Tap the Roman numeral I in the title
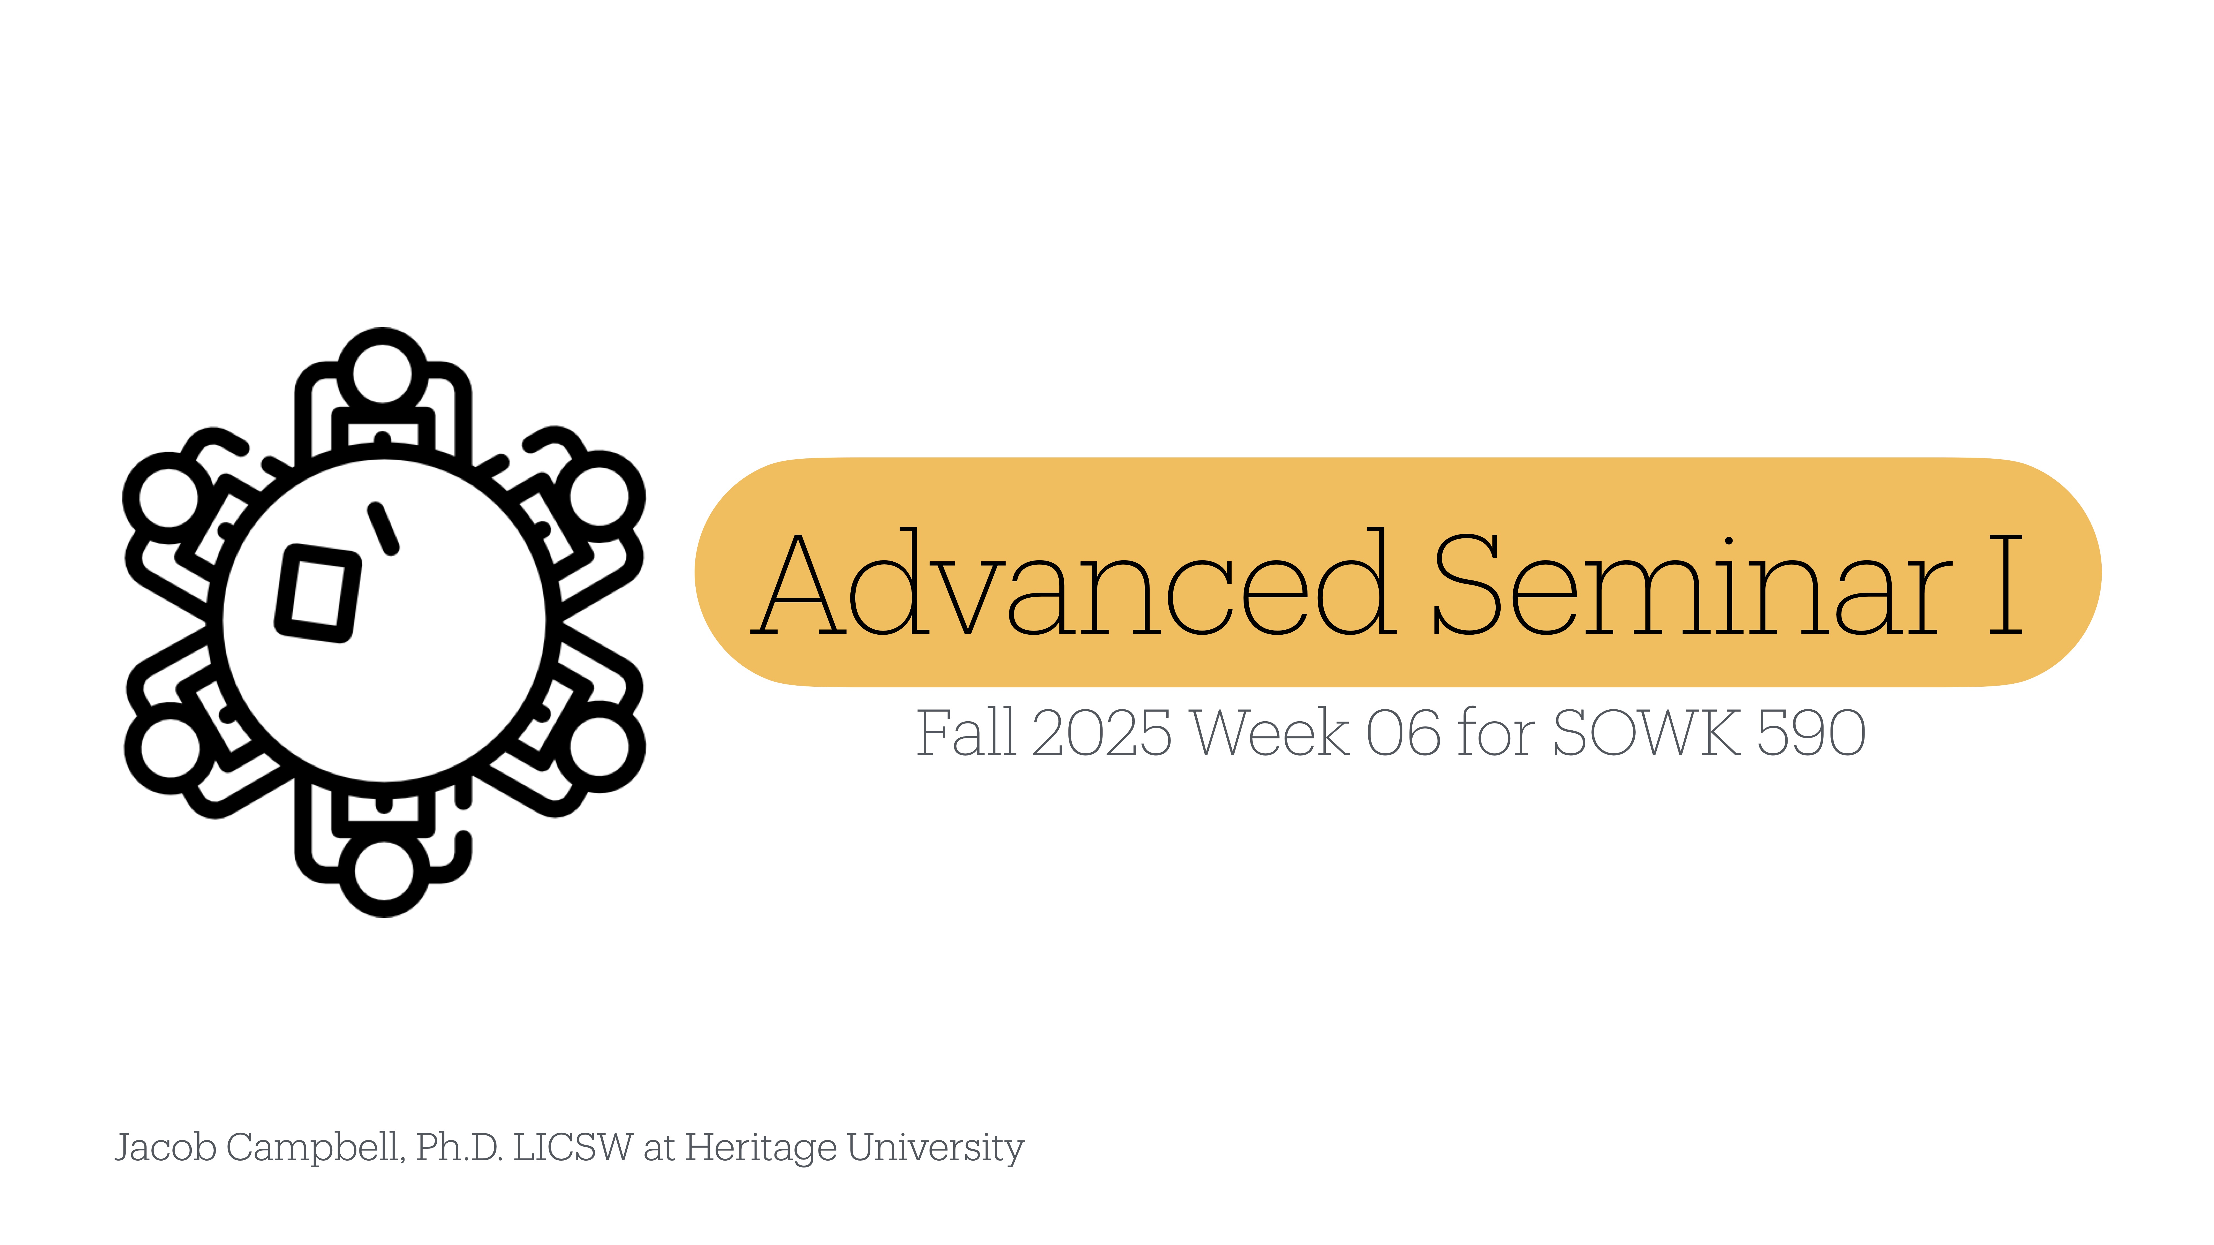click(x=2005, y=584)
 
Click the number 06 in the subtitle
click(x=1403, y=733)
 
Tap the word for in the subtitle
click(x=1495, y=733)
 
